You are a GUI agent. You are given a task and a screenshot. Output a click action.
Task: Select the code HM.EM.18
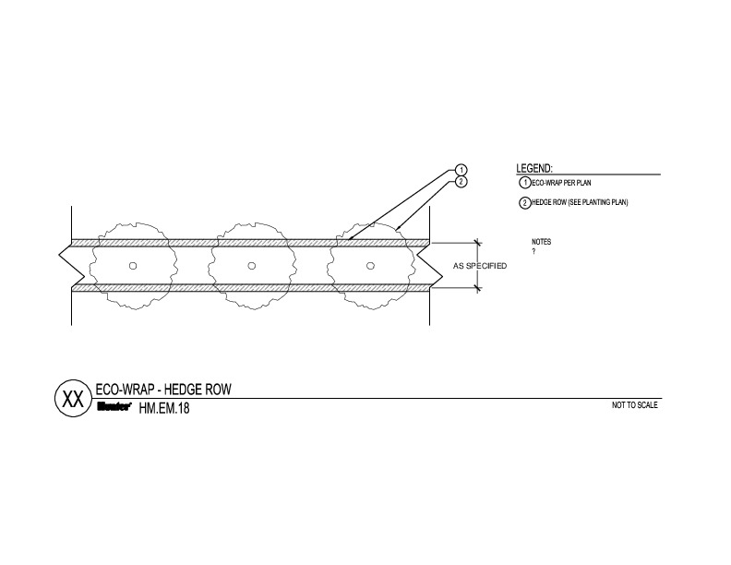pyautogui.click(x=164, y=408)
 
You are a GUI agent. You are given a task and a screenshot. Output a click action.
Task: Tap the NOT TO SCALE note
pyautogui.click(x=634, y=405)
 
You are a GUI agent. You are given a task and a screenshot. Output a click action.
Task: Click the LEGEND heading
pyautogui.click(x=533, y=168)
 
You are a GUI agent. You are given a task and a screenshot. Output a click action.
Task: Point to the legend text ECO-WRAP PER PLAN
pyautogui.click(x=561, y=183)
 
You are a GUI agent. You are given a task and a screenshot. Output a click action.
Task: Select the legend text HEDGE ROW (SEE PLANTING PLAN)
pyautogui.click(x=580, y=202)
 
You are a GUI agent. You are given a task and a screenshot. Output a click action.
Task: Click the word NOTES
pyautogui.click(x=541, y=242)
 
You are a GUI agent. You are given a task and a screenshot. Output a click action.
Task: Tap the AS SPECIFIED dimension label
pyautogui.click(x=480, y=266)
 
